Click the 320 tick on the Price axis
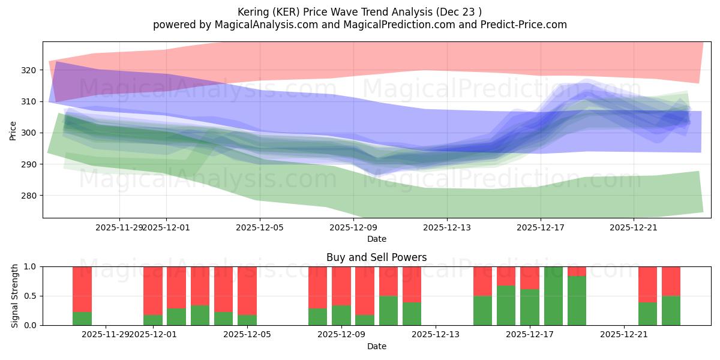pyautogui.click(x=29, y=70)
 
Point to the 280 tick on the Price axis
pyautogui.click(x=29, y=196)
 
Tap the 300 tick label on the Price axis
pyautogui.click(x=29, y=133)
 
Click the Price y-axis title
pyautogui.click(x=13, y=130)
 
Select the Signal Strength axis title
pyautogui.click(x=15, y=296)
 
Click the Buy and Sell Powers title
pyautogui.click(x=376, y=257)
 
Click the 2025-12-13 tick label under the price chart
pyautogui.click(x=446, y=227)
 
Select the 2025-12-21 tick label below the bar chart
pyautogui.click(x=624, y=334)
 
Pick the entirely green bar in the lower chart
pyautogui.click(x=553, y=296)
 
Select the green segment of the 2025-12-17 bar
pyautogui.click(x=530, y=307)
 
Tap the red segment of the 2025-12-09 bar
pyautogui.click(x=341, y=286)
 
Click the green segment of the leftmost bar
pyautogui.click(x=82, y=319)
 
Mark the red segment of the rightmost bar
pyautogui.click(x=671, y=281)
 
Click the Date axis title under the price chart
pyautogui.click(x=376, y=239)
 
